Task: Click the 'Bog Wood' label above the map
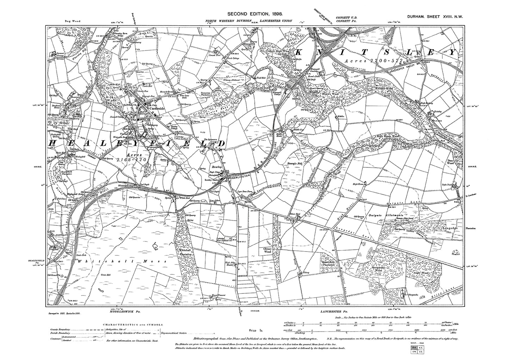73,21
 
